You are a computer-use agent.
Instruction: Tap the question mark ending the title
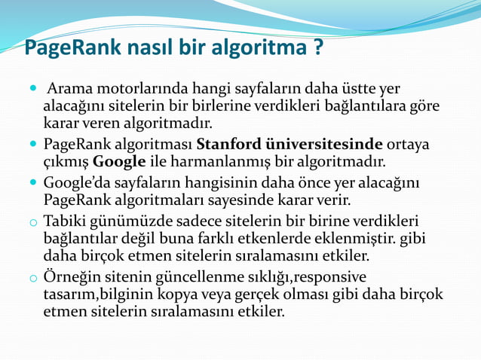[318, 49]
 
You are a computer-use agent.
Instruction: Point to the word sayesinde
[235, 200]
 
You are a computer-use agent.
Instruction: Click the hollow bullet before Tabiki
[32, 224]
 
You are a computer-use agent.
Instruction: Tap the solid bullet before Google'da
[32, 183]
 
